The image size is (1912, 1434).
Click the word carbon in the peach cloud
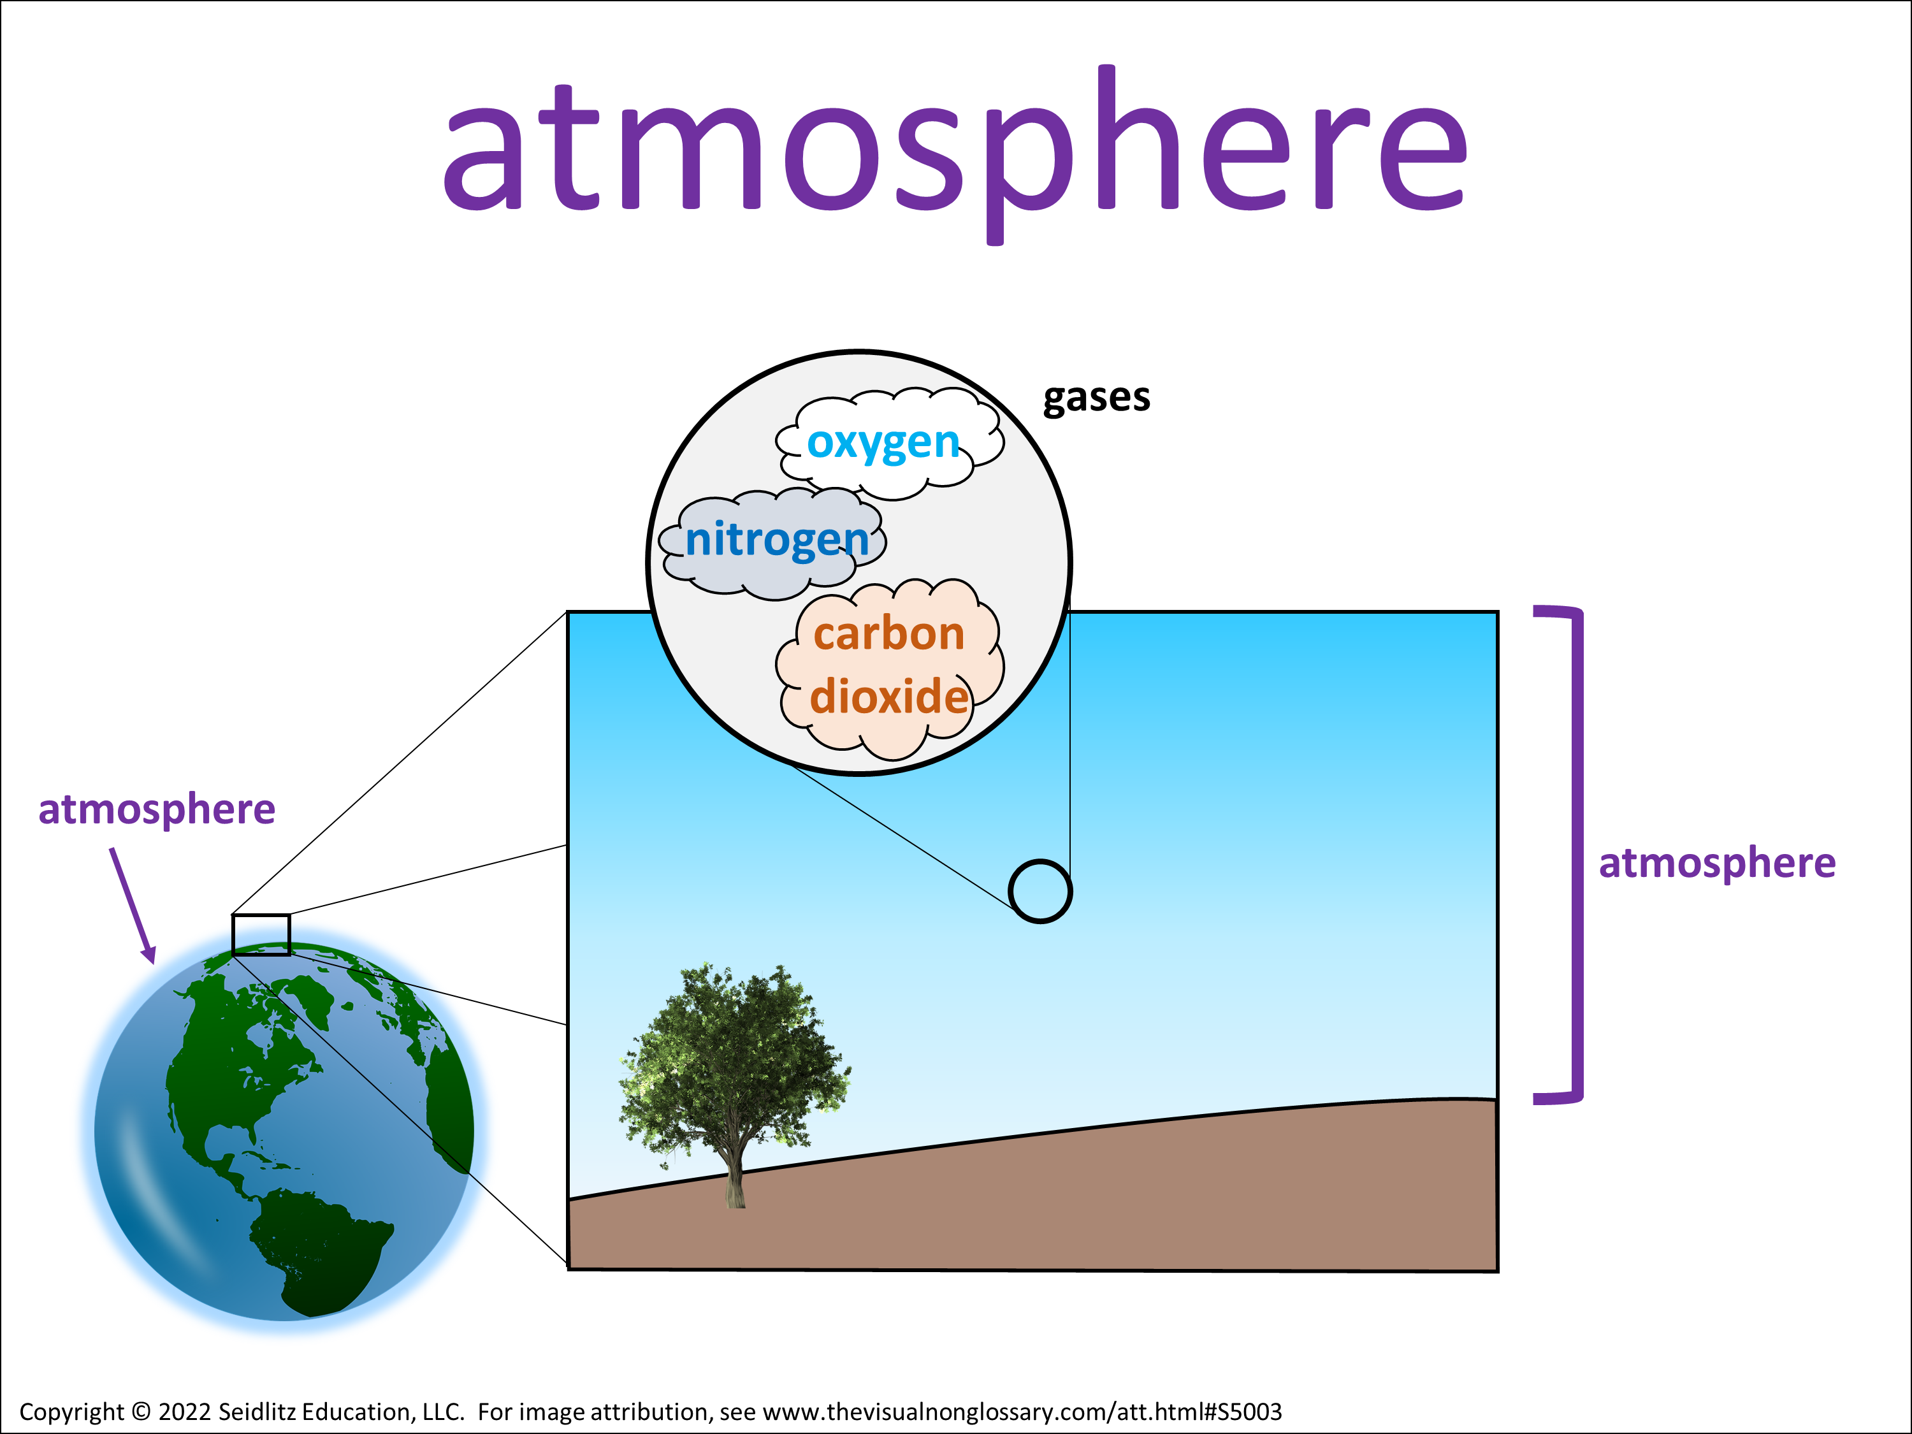(888, 634)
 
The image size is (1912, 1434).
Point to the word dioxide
(888, 696)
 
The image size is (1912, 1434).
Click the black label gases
(1096, 398)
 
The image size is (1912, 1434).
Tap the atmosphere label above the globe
(156, 811)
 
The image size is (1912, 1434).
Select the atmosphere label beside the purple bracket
(1716, 864)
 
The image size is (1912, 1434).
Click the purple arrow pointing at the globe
(133, 905)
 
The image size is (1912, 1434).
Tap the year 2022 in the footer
(185, 1412)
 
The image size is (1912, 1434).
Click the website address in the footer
(1022, 1412)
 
